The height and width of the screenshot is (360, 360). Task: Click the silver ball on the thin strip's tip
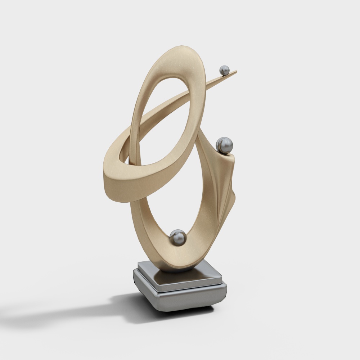(x=225, y=70)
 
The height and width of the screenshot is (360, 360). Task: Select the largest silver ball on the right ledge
(x=224, y=145)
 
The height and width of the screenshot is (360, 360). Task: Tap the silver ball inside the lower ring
(x=178, y=237)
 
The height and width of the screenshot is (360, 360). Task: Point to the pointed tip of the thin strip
(x=237, y=72)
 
